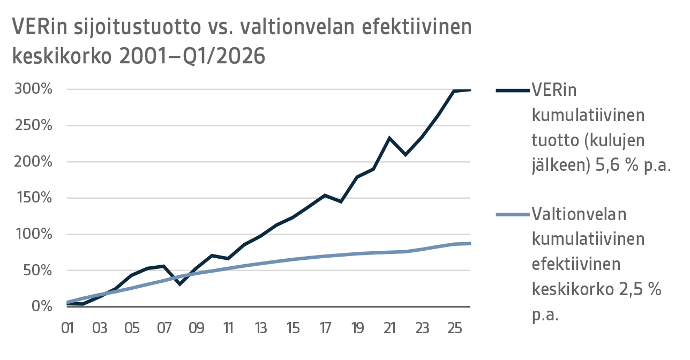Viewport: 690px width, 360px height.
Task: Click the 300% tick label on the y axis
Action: [34, 89]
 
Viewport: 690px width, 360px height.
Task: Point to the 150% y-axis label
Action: [34, 198]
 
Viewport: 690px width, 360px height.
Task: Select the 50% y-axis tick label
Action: [37, 271]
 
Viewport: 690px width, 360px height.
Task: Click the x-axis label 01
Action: [67, 327]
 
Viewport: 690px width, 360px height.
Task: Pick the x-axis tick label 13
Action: [260, 327]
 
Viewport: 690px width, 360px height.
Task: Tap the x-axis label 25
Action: [454, 327]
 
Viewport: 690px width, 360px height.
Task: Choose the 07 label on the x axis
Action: [164, 327]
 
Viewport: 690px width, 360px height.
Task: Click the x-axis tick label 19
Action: [357, 327]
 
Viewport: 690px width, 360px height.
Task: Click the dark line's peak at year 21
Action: [390, 138]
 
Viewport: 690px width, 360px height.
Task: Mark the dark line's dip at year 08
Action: [180, 284]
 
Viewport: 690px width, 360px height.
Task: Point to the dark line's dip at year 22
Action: [406, 155]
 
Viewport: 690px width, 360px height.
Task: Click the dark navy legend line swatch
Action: [512, 91]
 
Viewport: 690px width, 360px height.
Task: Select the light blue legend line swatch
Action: [512, 215]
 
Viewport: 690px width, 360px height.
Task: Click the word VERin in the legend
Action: [554, 90]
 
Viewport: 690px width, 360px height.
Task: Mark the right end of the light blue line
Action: [470, 244]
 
